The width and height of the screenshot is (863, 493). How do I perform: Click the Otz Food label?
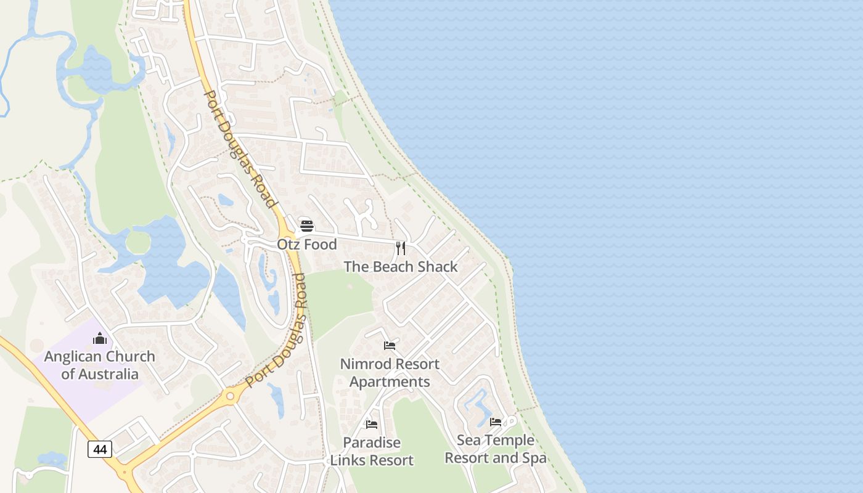(307, 245)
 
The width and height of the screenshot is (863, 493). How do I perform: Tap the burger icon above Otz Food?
(307, 226)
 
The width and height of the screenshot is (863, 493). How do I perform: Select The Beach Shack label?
(401, 267)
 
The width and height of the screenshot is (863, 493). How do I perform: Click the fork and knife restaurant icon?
(401, 248)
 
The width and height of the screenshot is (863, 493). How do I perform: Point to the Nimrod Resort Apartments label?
(390, 373)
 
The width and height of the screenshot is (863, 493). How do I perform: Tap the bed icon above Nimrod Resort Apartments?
(390, 346)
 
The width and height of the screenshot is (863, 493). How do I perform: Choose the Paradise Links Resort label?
(372, 452)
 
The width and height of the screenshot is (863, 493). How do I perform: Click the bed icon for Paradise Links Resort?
(372, 425)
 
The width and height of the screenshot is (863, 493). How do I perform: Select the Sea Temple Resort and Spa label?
(496, 449)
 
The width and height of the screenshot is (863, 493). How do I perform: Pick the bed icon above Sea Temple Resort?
(496, 422)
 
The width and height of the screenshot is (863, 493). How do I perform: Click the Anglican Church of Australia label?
(100, 365)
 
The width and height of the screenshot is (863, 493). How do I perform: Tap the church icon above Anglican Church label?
(100, 338)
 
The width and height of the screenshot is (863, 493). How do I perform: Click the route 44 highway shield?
(100, 449)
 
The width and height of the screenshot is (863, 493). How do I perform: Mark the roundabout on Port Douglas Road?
(232, 396)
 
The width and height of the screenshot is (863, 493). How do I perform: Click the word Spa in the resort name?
(533, 458)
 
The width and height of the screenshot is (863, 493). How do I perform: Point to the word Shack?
(438, 267)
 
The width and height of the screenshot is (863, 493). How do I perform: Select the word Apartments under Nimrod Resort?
(390, 382)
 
